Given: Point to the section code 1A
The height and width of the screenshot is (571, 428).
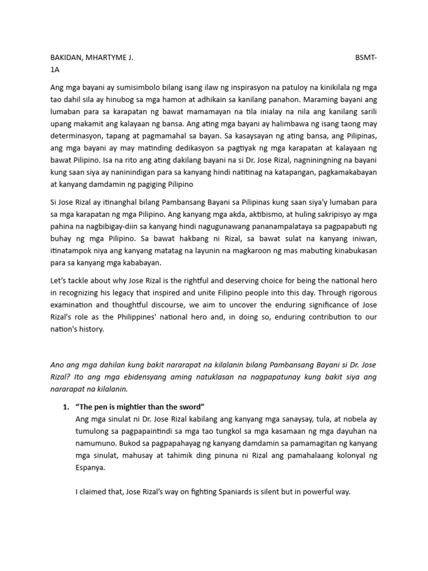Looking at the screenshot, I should pyautogui.click(x=55, y=71).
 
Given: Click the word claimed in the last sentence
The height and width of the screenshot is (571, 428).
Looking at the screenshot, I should pyautogui.click(x=93, y=492).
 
